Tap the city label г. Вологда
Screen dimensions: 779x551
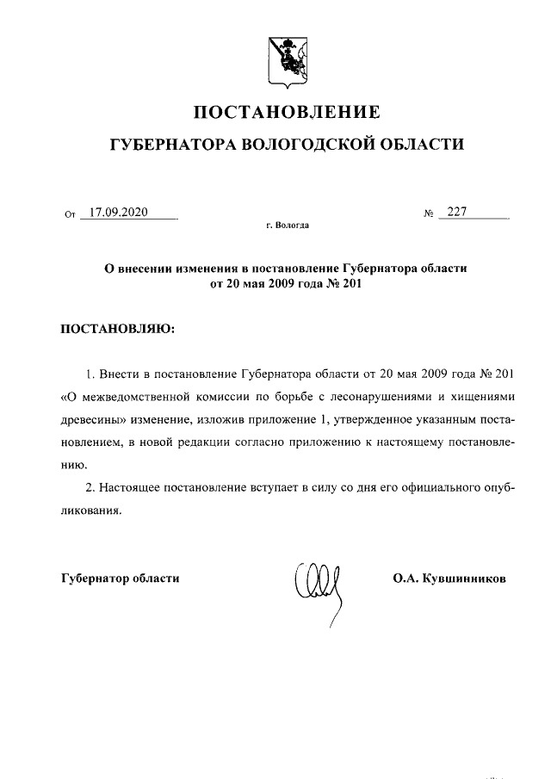[287, 226]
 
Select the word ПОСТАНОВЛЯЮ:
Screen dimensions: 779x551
[117, 330]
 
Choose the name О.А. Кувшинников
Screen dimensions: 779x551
[449, 578]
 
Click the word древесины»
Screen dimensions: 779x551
[94, 421]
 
